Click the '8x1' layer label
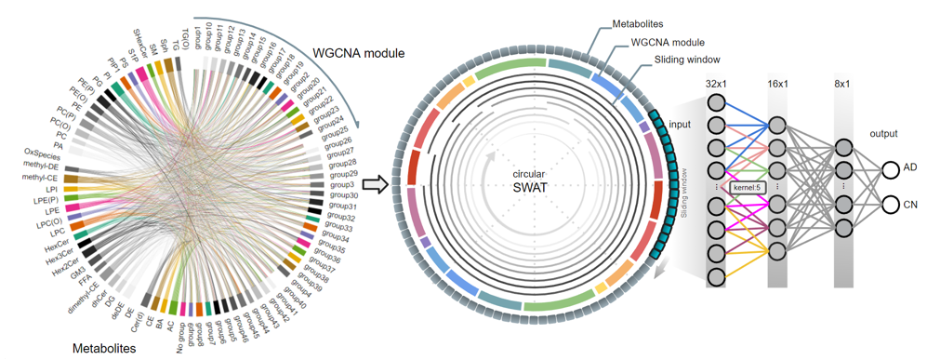click(x=843, y=85)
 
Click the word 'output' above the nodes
click(x=884, y=132)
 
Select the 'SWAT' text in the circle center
click(x=531, y=191)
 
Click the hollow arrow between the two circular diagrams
click(x=375, y=183)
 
